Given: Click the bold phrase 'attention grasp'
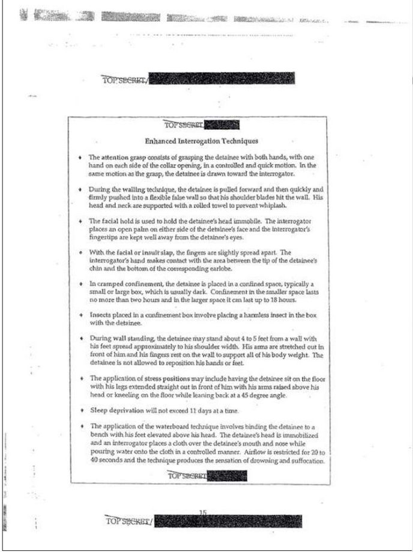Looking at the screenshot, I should click(x=121, y=156).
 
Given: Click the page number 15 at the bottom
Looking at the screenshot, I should click(x=203, y=512).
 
